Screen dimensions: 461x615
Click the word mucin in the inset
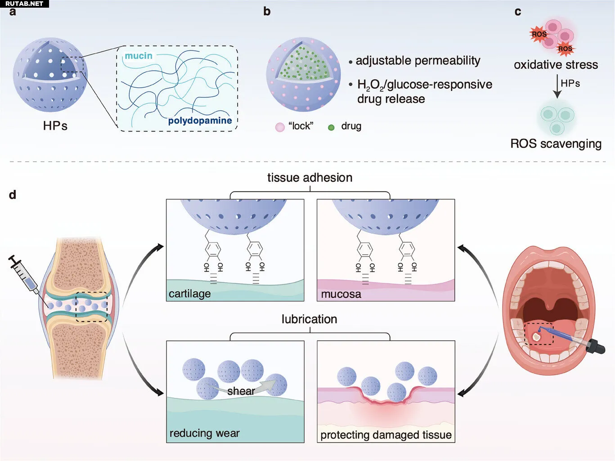pyautogui.click(x=139, y=56)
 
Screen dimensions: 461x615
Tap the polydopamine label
pyautogui.click(x=200, y=121)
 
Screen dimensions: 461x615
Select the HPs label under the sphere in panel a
pyautogui.click(x=55, y=126)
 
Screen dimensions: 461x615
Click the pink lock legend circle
pyautogui.click(x=280, y=127)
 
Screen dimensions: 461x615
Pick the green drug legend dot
pyautogui.click(x=331, y=127)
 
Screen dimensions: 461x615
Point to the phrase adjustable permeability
pyautogui.click(x=417, y=61)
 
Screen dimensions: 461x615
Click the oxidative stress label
pyautogui.click(x=556, y=65)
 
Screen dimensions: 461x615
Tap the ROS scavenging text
pyautogui.click(x=556, y=144)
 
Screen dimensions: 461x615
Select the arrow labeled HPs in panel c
pyautogui.click(x=557, y=86)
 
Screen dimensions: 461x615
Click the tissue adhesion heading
pyautogui.click(x=310, y=177)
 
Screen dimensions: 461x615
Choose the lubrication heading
pyautogui.click(x=309, y=319)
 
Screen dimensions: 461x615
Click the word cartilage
pyautogui.click(x=189, y=294)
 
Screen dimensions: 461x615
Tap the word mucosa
pyautogui.click(x=341, y=294)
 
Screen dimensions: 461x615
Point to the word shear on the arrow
pyautogui.click(x=241, y=391)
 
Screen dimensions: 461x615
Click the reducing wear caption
pyautogui.click(x=204, y=433)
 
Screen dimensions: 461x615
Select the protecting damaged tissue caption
pyautogui.click(x=386, y=435)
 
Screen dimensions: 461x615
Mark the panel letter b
pyautogui.click(x=267, y=11)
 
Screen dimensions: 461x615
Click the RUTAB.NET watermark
pyautogui.click(x=24, y=4)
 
